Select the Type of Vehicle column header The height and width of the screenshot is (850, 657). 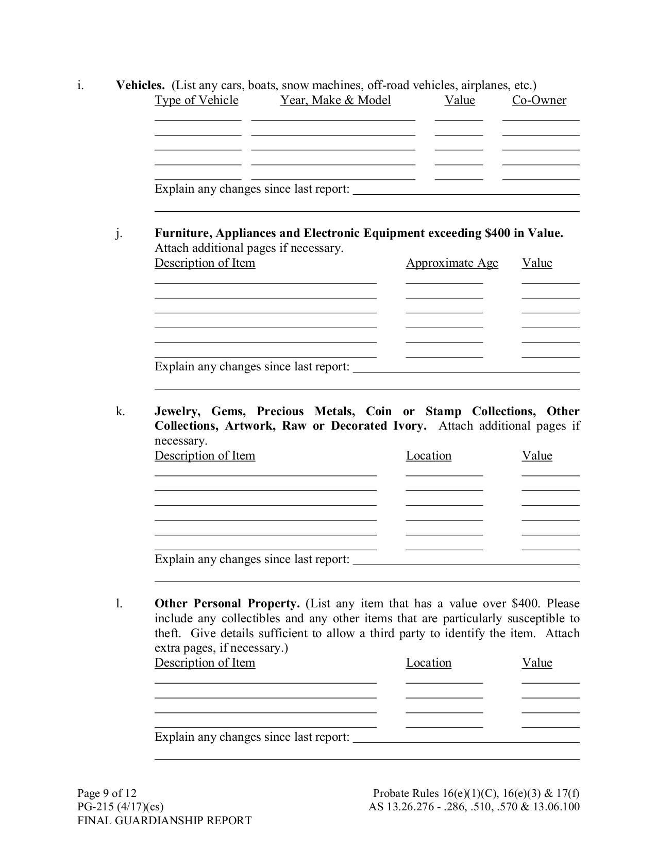click(x=196, y=100)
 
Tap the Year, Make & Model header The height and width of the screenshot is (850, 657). click(x=335, y=100)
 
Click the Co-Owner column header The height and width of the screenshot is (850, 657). click(x=539, y=100)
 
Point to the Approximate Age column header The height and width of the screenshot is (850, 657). click(x=452, y=263)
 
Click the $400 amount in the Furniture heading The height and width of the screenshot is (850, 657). click(x=497, y=233)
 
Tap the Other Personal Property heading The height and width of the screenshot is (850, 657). click(x=227, y=603)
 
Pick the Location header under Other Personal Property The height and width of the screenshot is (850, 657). click(x=428, y=662)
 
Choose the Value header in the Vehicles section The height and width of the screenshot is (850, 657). click(x=460, y=100)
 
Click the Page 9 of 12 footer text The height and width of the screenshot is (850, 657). click(x=107, y=793)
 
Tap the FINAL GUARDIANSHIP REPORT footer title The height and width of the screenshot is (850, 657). click(x=164, y=821)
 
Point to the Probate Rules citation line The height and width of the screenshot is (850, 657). click(x=476, y=793)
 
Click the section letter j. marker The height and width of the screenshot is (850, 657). click(x=119, y=233)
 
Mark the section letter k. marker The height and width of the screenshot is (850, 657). click(x=120, y=411)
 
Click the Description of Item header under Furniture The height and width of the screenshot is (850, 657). click(x=205, y=263)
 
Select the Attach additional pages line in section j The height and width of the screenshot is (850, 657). click(x=248, y=248)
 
